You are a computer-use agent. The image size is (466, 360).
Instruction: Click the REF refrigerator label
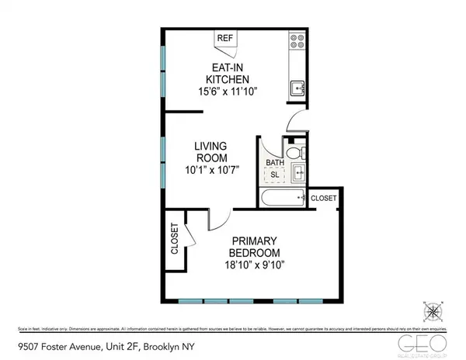point(224,37)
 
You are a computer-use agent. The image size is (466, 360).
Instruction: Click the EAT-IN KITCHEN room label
point(226,74)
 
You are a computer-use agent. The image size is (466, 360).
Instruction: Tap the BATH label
point(274,163)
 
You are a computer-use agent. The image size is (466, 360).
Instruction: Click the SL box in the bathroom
point(274,175)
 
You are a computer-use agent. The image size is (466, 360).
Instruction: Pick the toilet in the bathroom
point(291,153)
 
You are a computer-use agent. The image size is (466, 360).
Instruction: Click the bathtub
point(281,199)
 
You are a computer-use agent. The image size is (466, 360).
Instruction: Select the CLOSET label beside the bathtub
point(323,199)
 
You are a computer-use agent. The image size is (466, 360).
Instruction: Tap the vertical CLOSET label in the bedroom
point(174,241)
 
